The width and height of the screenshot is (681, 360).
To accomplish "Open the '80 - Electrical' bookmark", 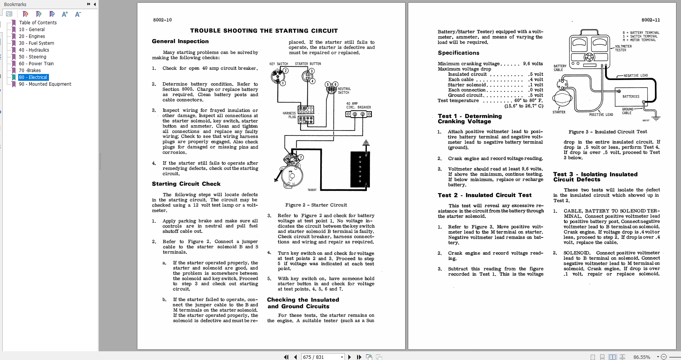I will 33,77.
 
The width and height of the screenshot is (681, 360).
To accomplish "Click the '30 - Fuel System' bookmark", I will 36,43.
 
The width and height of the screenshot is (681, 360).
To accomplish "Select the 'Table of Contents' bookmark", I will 38,23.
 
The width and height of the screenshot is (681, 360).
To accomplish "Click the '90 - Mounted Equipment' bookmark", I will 45,84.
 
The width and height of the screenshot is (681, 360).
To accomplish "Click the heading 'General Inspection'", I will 180,41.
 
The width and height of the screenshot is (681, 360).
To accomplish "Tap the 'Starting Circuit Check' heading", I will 186,184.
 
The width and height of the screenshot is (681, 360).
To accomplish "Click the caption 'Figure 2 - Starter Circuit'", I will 316,205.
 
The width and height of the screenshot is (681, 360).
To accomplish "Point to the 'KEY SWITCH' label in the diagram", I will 278,64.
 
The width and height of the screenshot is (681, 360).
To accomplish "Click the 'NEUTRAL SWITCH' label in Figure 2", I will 344,91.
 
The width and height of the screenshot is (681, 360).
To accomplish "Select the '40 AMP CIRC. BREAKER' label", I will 358,105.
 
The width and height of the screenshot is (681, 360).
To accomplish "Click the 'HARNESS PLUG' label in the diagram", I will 289,115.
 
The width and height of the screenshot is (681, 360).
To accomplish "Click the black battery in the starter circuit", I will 360,169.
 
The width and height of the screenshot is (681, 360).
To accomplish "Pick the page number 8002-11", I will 650,20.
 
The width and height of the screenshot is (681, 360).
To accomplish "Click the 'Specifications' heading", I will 458,53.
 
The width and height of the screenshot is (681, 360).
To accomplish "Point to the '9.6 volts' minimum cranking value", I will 533,64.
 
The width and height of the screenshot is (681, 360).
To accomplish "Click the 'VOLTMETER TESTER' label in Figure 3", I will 623,48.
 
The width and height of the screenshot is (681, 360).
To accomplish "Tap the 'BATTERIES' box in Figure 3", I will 631,97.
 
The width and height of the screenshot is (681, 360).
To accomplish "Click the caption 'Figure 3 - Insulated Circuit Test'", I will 607,132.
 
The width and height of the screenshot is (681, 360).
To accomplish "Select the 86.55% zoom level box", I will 642,357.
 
